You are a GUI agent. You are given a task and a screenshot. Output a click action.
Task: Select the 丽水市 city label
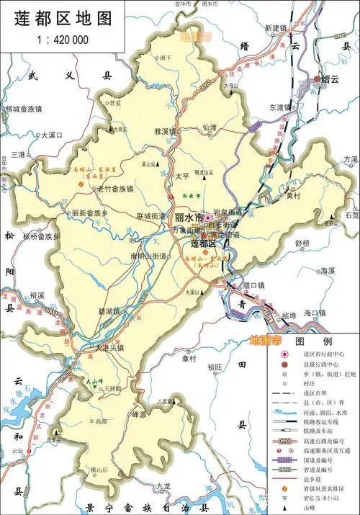point(189,217)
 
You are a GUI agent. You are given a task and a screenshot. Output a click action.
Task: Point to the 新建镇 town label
point(276,28)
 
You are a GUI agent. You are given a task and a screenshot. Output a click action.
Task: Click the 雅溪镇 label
point(165,131)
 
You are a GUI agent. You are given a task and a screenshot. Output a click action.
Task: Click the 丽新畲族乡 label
point(89,213)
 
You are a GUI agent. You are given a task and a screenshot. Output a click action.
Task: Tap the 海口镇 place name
point(315,313)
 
